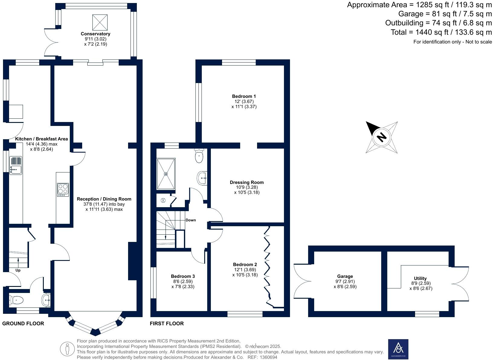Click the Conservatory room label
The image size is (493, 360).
click(x=95, y=34)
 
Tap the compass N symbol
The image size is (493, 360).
click(x=382, y=137)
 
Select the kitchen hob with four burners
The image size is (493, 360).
click(x=63, y=190)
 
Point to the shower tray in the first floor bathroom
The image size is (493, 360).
click(x=166, y=174)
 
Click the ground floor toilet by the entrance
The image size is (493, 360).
click(x=17, y=300)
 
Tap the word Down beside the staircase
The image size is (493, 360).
click(x=191, y=220)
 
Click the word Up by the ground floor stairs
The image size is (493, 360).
click(x=18, y=270)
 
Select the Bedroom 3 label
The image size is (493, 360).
click(x=183, y=276)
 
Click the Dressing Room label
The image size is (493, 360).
click(x=246, y=182)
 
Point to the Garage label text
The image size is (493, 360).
click(x=345, y=276)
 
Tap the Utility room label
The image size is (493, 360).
click(x=420, y=278)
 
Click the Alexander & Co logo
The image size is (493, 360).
click(x=398, y=349)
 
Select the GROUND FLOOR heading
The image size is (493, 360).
click(x=23, y=323)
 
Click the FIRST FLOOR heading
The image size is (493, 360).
click(x=167, y=323)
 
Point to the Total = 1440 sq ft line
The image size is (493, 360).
click(x=441, y=32)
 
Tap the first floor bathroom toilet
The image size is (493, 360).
click(x=199, y=156)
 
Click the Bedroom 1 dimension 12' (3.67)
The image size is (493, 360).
click(x=244, y=101)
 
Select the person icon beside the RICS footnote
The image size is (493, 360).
click(x=67, y=349)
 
